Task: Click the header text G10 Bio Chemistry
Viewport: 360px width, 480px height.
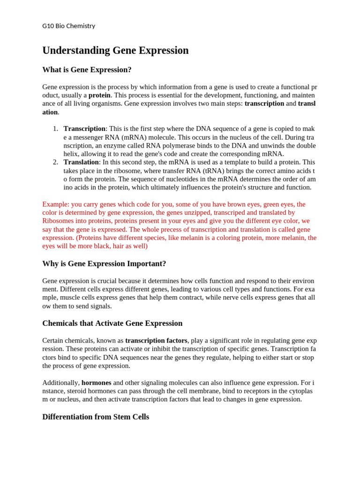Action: pos(68,26)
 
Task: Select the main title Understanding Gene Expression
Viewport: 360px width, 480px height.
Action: pos(115,50)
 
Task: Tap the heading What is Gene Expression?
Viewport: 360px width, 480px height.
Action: pos(87,70)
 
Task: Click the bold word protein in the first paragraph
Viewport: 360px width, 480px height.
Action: pos(99,95)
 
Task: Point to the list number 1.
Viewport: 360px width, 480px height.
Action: pos(55,128)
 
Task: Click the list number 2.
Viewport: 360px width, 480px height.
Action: pos(55,162)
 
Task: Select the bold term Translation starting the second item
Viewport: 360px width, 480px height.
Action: pos(81,162)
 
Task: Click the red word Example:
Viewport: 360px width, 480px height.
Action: pos(56,204)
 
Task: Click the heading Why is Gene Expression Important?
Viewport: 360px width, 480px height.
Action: pos(104,263)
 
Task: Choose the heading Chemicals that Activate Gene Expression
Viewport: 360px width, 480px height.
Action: pos(112,323)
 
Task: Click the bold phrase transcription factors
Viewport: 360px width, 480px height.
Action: pos(156,340)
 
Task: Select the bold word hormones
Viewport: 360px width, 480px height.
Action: pos(96,382)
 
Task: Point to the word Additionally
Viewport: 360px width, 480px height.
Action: pos(60,382)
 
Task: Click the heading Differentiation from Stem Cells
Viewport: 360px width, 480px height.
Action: pos(96,417)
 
